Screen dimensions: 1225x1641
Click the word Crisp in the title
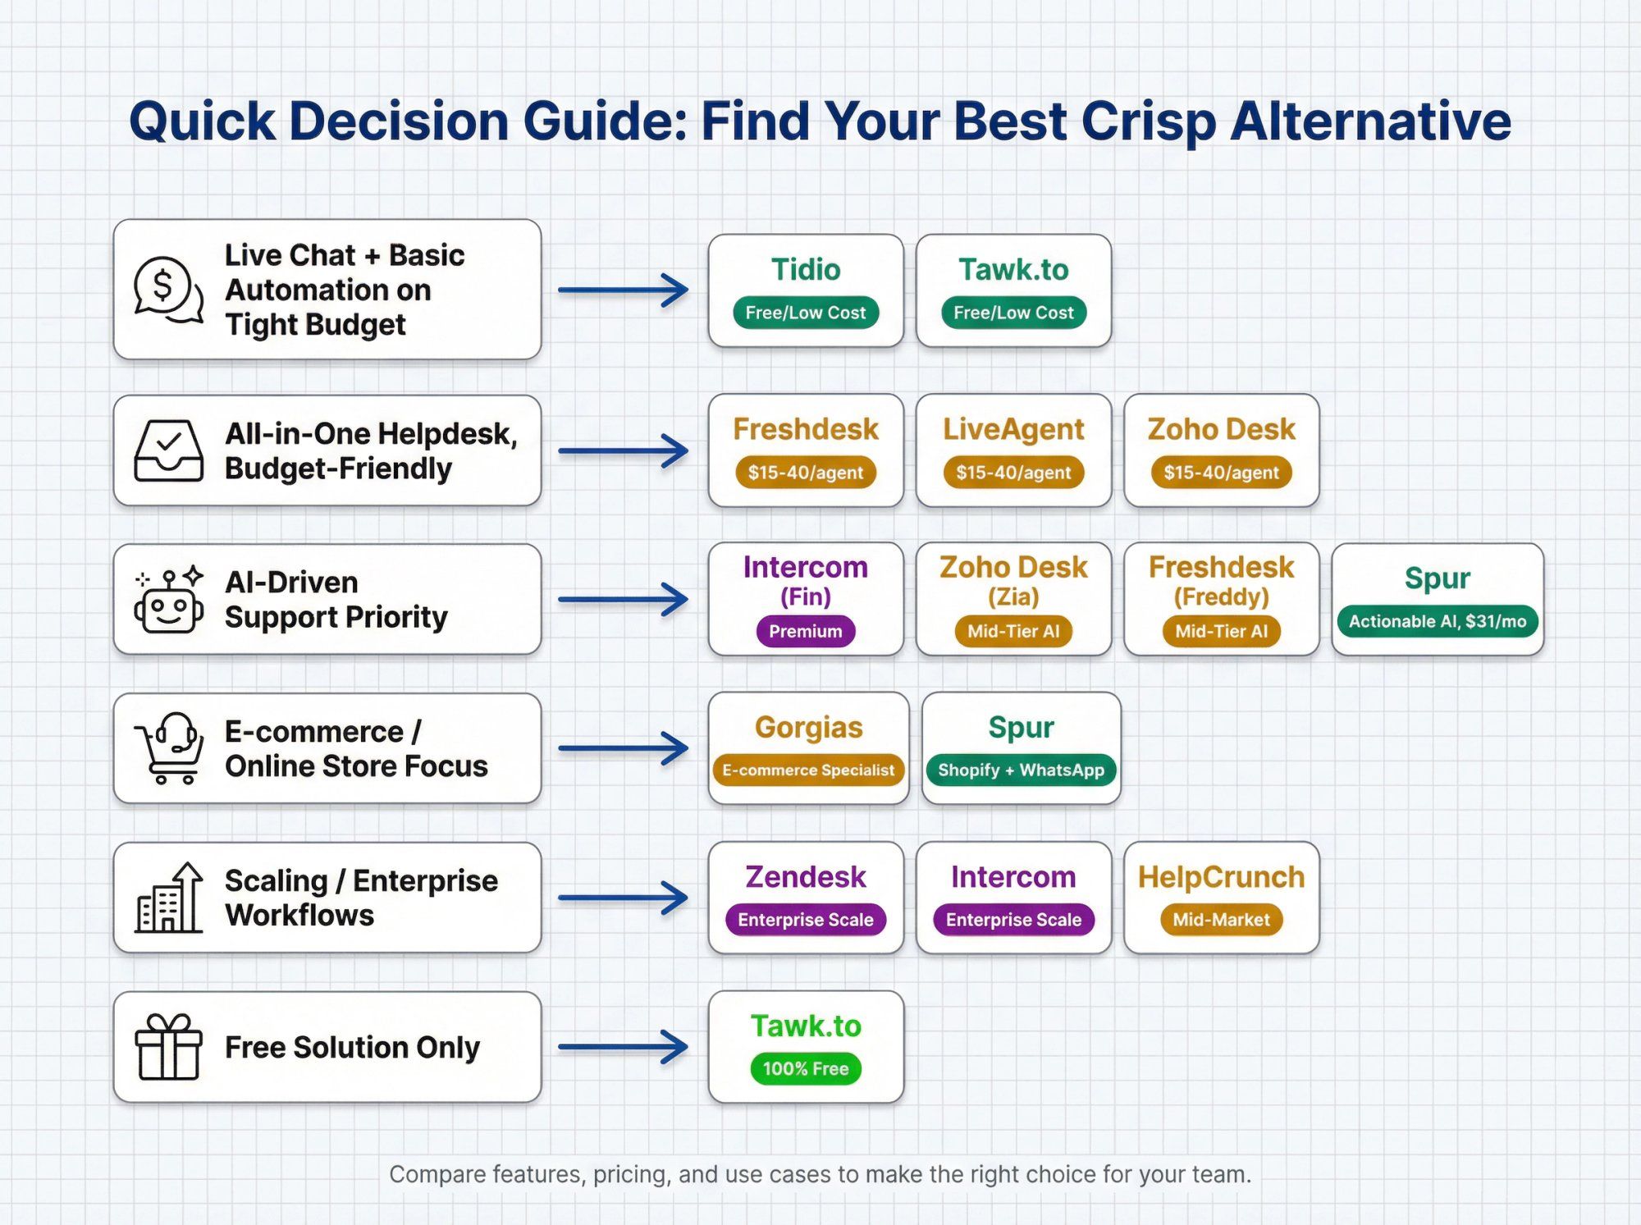coord(1148,121)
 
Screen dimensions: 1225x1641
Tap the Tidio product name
coord(806,269)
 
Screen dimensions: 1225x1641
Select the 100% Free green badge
coord(806,1068)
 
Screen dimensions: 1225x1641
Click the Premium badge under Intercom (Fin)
coord(806,631)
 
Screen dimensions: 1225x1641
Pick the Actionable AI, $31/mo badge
coord(1438,621)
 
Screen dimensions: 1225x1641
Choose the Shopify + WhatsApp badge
coord(1021,770)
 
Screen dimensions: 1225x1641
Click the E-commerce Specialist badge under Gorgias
coord(808,770)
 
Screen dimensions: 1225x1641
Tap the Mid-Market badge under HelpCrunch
coord(1221,920)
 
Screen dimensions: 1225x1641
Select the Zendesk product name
coord(806,877)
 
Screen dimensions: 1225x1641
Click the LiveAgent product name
coord(1013,429)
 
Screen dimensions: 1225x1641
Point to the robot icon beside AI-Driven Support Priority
coord(169,601)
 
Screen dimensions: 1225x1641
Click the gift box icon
coord(168,1047)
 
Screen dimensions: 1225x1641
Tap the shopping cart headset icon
coord(169,747)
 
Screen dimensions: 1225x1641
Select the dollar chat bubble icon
coord(168,290)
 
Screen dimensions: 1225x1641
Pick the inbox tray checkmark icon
coord(168,450)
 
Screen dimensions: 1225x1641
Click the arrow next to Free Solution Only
coord(624,1047)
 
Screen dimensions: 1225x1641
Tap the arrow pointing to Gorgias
coord(624,748)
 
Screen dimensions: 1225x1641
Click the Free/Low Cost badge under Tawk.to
coord(1013,313)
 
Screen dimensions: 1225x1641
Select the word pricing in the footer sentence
coord(631,1175)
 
